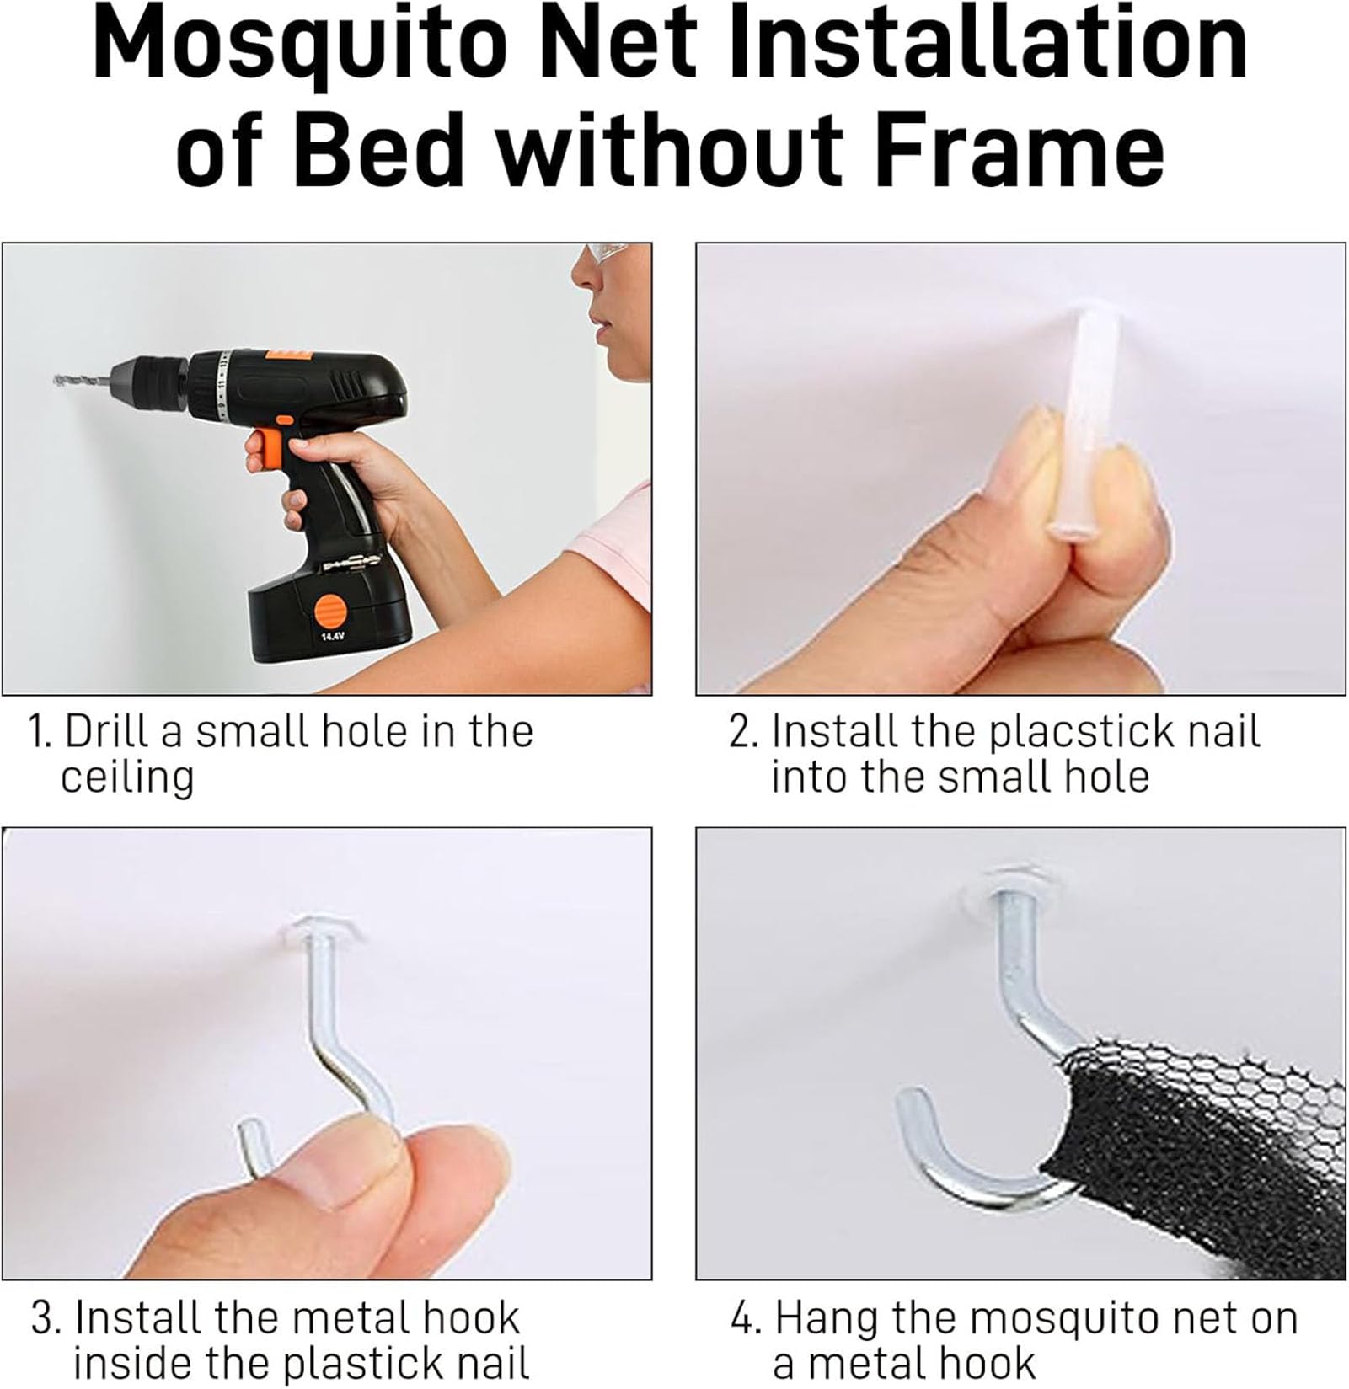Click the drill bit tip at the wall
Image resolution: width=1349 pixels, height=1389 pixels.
56,380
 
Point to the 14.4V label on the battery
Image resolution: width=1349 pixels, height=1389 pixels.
330,638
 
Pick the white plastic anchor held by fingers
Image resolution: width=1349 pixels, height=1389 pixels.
1073,421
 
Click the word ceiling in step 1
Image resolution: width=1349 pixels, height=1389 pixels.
127,777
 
